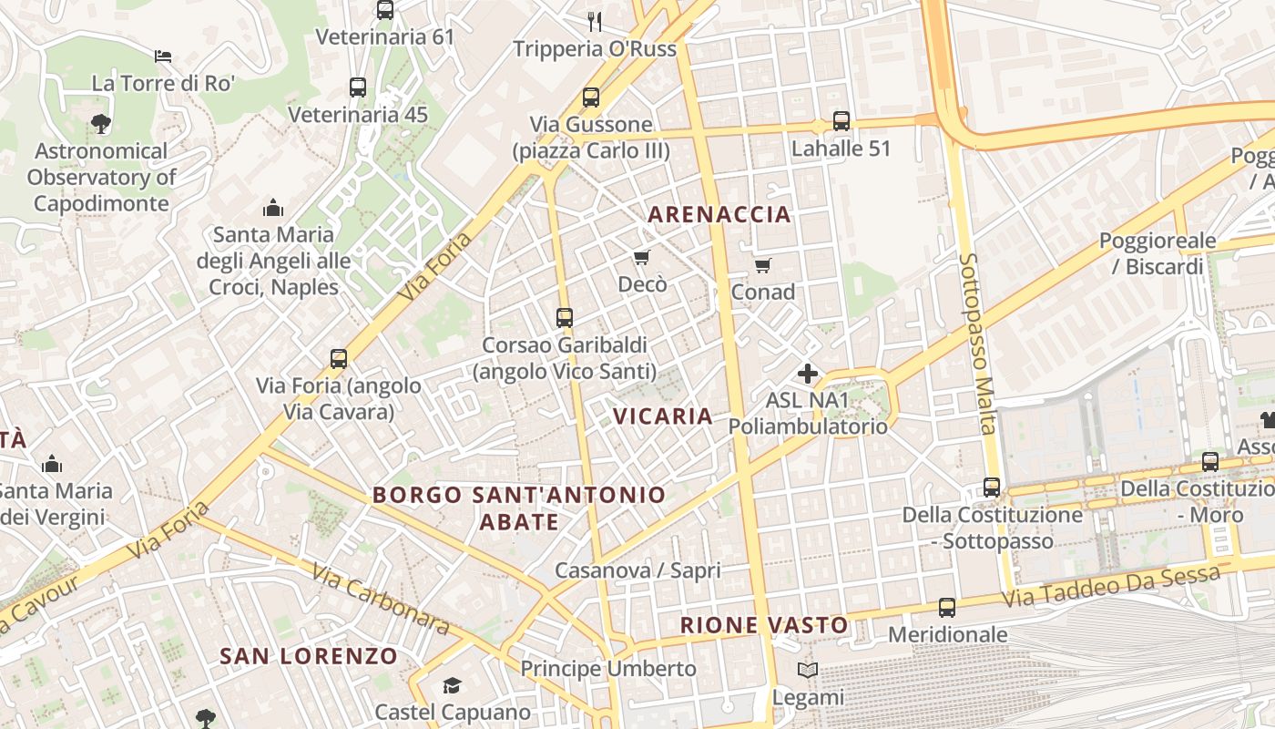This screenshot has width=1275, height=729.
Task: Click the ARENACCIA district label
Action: point(719,215)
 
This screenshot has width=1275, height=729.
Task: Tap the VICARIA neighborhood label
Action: point(662,416)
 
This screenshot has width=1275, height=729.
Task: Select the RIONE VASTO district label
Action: point(765,625)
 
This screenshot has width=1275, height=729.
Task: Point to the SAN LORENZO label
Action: point(309,656)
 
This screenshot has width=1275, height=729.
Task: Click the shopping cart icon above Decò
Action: point(642,258)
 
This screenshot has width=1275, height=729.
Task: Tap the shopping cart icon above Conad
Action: point(762,265)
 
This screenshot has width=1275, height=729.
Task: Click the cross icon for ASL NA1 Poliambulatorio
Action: point(807,374)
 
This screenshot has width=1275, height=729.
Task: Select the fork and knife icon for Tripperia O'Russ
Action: point(595,21)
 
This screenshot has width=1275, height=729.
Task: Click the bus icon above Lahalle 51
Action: point(841,121)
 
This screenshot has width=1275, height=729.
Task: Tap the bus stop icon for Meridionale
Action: point(947,608)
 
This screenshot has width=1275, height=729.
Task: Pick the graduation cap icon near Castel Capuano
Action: point(452,685)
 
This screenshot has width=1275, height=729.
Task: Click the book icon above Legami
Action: point(807,671)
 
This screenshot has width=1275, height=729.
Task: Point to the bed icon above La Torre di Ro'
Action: point(163,56)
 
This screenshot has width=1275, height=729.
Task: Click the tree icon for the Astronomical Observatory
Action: point(101,124)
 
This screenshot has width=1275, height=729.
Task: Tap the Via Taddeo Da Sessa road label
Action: point(1111,588)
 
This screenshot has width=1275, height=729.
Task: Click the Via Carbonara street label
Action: point(381,599)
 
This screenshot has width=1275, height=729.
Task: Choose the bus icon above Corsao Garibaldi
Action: point(565,318)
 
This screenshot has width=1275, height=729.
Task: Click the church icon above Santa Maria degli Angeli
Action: point(272,208)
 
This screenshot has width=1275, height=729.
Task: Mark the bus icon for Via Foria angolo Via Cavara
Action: point(339,359)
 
